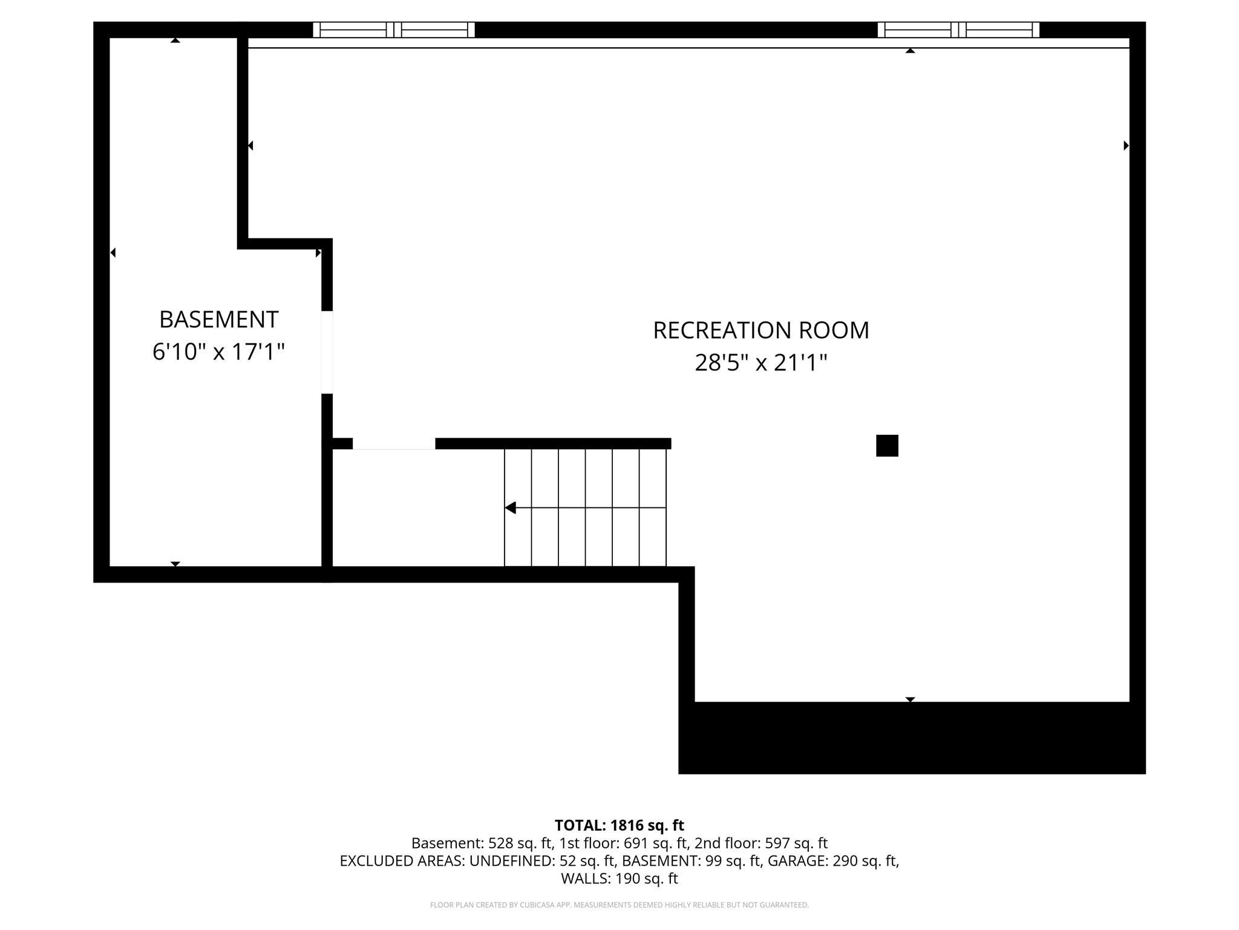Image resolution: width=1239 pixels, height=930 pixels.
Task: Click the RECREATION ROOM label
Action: point(760,330)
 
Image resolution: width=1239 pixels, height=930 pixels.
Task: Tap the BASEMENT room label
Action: point(218,319)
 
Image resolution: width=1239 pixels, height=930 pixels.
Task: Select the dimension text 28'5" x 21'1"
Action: point(760,363)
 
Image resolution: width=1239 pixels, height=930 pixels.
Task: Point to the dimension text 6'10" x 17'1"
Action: point(218,351)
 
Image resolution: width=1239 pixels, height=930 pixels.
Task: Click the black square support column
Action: point(887,446)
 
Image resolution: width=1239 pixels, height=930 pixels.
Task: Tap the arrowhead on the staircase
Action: point(511,507)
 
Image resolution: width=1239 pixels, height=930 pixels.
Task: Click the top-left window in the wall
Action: point(394,30)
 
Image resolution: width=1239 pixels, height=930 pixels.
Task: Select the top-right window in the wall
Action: point(958,30)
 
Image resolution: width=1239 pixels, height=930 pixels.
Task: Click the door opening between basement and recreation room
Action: point(327,352)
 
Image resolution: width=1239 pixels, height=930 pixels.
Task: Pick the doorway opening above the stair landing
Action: point(394,444)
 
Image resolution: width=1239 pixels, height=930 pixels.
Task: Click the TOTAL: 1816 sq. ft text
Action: point(619,825)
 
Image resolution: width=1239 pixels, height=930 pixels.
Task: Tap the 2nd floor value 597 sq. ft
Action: point(796,843)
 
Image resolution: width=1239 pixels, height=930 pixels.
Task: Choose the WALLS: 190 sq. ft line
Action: point(619,878)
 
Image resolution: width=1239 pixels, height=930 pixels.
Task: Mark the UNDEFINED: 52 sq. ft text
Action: point(543,860)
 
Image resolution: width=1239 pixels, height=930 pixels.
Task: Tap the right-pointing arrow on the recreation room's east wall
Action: point(1126,145)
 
